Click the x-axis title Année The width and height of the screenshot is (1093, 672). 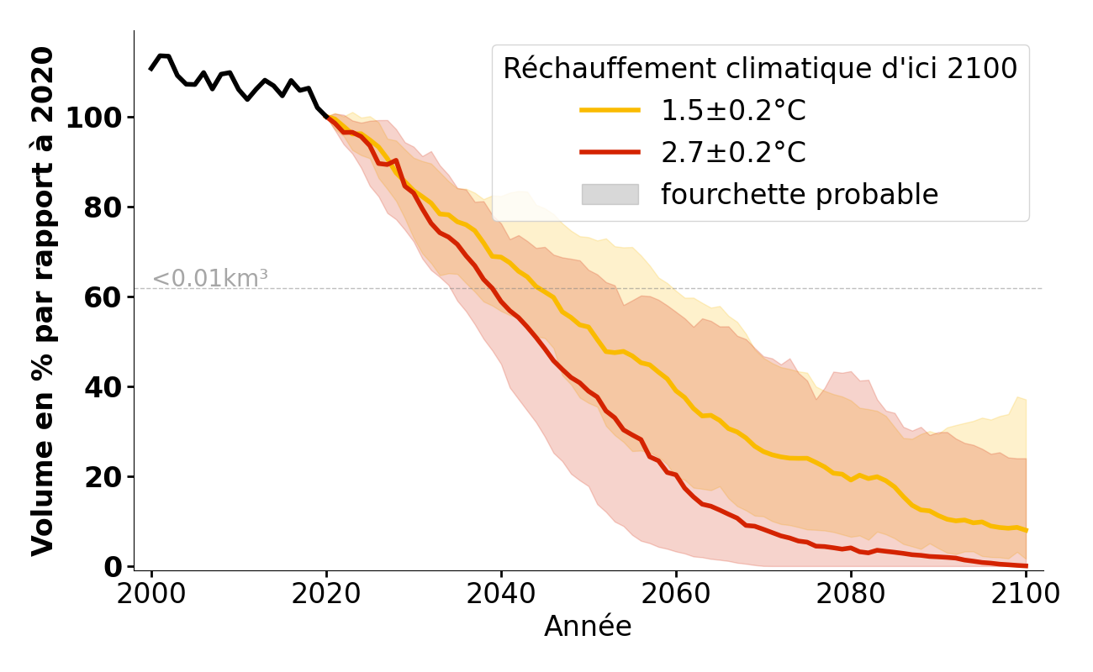(588, 627)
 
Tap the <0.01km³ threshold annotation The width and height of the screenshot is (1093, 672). (210, 279)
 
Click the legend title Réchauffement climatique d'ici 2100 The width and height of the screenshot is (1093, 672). (760, 69)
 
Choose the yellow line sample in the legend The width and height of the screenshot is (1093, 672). (610, 110)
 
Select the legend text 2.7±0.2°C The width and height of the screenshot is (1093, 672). (733, 153)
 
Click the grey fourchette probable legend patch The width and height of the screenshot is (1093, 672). (610, 194)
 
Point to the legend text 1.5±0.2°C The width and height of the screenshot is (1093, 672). (733, 111)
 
